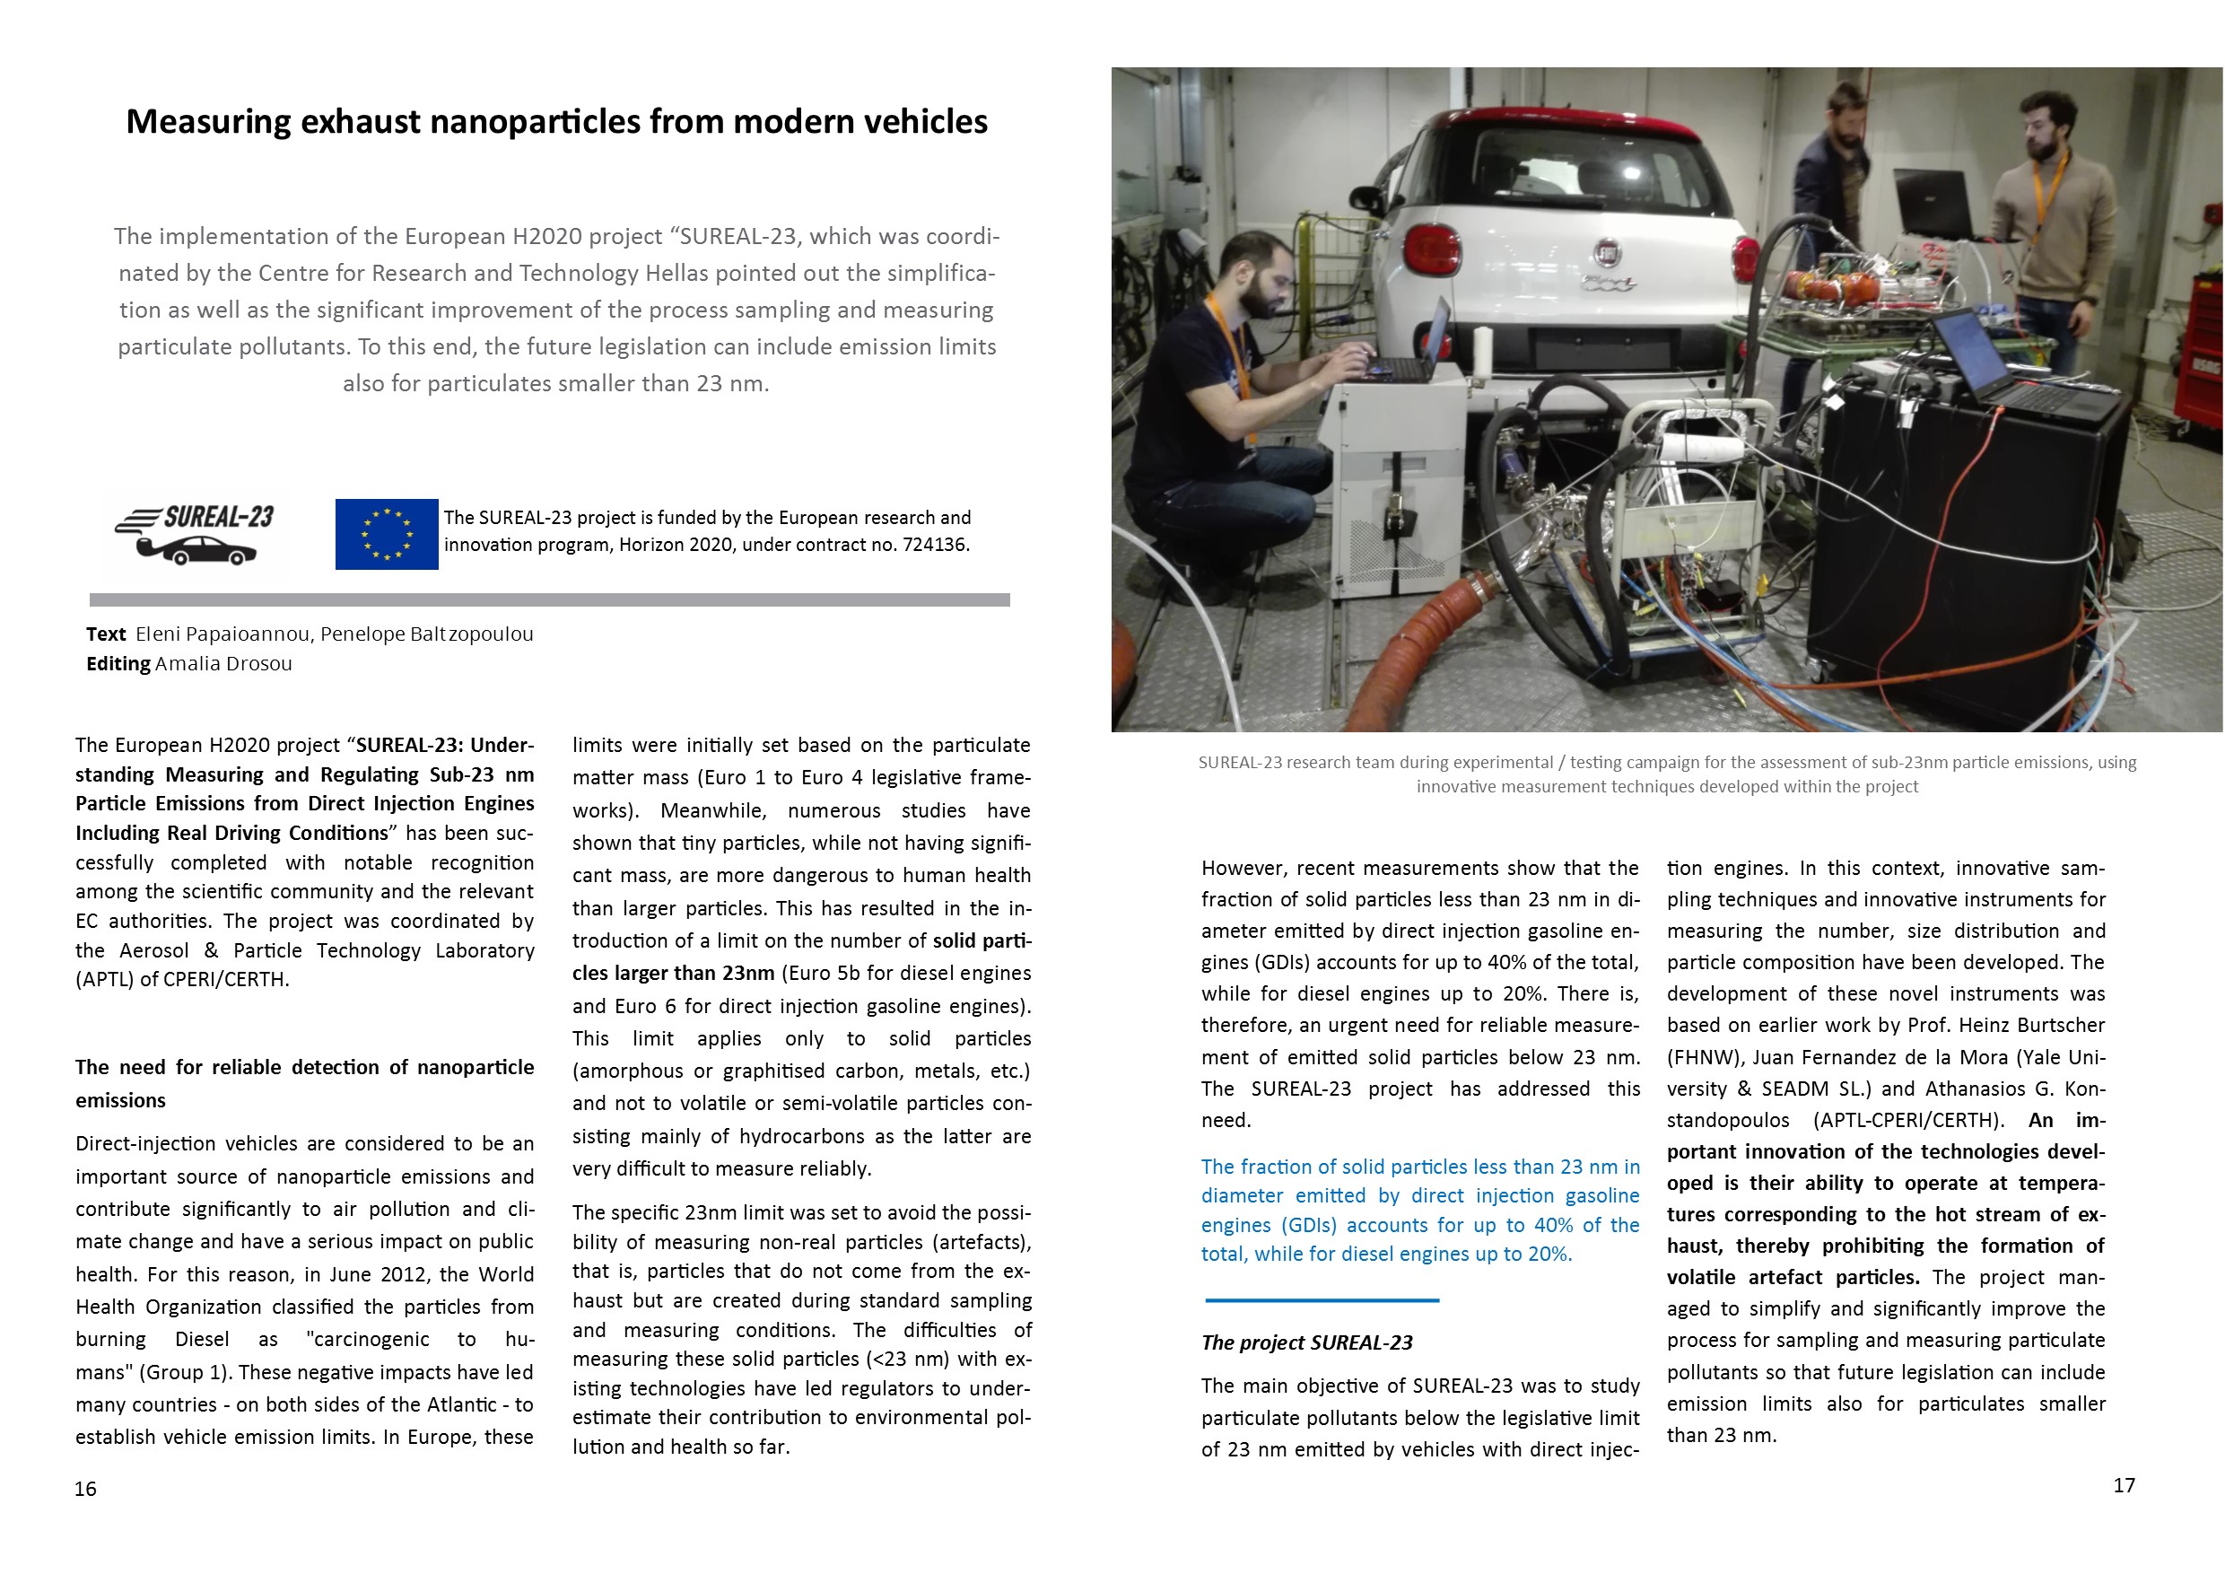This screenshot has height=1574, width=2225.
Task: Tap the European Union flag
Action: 386,534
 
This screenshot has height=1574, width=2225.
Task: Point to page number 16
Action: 85,1489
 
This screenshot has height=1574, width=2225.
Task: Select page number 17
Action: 2124,1485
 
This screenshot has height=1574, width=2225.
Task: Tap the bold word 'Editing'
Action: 118,664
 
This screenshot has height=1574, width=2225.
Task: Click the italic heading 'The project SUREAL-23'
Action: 1306,1342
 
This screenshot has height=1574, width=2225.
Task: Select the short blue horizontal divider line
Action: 1322,1299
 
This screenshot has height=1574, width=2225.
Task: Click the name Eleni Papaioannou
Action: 222,634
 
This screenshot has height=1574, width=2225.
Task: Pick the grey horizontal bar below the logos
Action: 549,600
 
